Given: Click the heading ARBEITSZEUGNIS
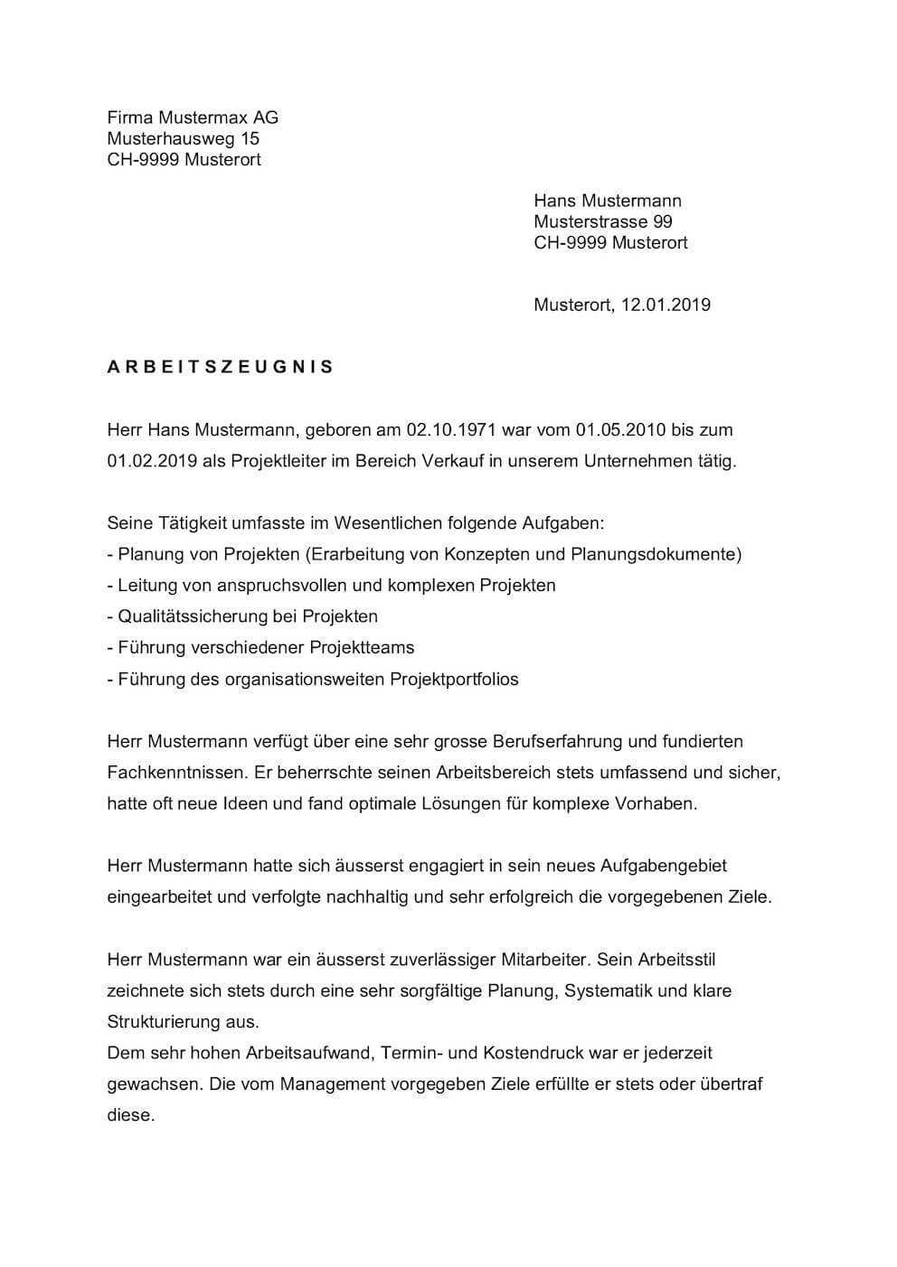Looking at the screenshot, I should coord(221,367).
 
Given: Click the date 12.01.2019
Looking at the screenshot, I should coord(666,305).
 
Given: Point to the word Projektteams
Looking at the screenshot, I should coord(362,648).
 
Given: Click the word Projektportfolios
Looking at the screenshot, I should coord(454,679).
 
